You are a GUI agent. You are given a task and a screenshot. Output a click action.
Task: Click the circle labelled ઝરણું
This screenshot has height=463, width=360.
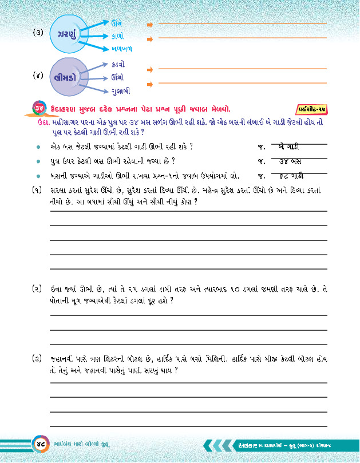click(69, 35)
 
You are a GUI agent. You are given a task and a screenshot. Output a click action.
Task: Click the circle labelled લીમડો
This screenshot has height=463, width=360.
click(70, 76)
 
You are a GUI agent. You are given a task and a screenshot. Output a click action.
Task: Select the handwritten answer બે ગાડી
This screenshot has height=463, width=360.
click(291, 147)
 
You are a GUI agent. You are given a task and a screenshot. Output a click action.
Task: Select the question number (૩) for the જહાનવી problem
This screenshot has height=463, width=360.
click(37, 359)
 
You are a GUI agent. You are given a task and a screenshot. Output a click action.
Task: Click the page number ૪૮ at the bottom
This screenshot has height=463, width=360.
click(41, 444)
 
